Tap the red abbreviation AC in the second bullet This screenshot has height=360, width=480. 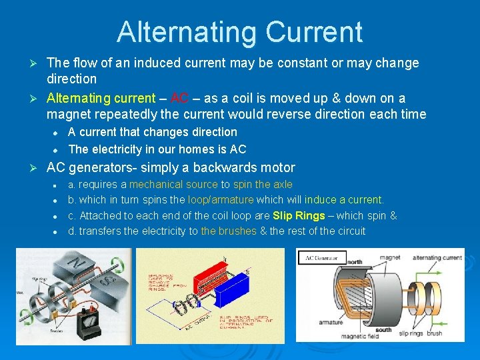point(179,98)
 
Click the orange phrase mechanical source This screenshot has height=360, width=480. point(173,184)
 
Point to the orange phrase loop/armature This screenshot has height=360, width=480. point(221,199)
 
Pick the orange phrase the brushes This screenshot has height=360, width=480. point(229,231)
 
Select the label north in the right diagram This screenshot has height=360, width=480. point(354,262)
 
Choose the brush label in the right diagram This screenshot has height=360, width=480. point(434,332)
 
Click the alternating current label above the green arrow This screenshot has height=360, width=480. point(437,257)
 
